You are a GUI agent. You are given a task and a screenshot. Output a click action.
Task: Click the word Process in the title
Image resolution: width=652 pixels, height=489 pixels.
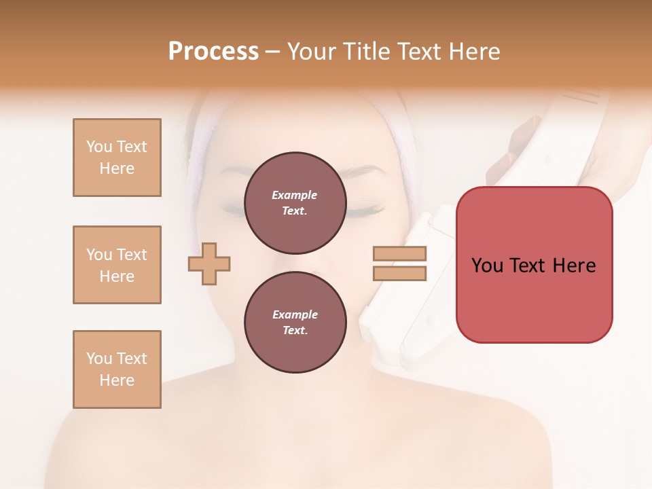pyautogui.click(x=213, y=52)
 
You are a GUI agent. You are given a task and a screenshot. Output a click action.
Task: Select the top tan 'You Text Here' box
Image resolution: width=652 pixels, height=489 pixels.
pyautogui.click(x=117, y=158)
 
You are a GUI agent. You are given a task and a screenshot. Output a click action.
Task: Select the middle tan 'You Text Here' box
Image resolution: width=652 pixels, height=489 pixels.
pyautogui.click(x=117, y=265)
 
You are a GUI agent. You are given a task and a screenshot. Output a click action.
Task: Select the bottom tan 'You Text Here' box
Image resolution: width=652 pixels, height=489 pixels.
pyautogui.click(x=117, y=369)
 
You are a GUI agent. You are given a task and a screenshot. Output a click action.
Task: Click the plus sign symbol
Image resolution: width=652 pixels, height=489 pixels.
pyautogui.click(x=209, y=264)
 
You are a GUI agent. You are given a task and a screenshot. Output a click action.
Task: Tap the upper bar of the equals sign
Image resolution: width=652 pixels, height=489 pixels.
pyautogui.click(x=399, y=254)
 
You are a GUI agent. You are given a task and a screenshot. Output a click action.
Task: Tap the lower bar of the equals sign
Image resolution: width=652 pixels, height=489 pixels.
pyautogui.click(x=399, y=274)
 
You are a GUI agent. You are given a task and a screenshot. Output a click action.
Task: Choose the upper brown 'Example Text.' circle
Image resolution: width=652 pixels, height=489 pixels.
pyautogui.click(x=294, y=202)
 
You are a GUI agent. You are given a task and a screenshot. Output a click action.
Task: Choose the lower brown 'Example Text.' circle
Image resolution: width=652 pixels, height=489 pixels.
pyautogui.click(x=295, y=322)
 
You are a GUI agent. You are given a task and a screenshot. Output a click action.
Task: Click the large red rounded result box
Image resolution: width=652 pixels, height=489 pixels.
pyautogui.click(x=534, y=265)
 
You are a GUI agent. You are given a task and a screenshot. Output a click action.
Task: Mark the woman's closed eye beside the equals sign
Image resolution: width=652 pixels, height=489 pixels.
pyautogui.click(x=367, y=209)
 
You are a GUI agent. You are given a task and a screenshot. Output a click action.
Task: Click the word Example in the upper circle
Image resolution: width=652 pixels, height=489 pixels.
pyautogui.click(x=294, y=195)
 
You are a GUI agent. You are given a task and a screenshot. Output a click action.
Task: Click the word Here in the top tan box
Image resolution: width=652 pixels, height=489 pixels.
pyautogui.click(x=117, y=168)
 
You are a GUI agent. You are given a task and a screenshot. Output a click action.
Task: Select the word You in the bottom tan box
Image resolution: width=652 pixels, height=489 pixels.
pyautogui.click(x=99, y=359)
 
